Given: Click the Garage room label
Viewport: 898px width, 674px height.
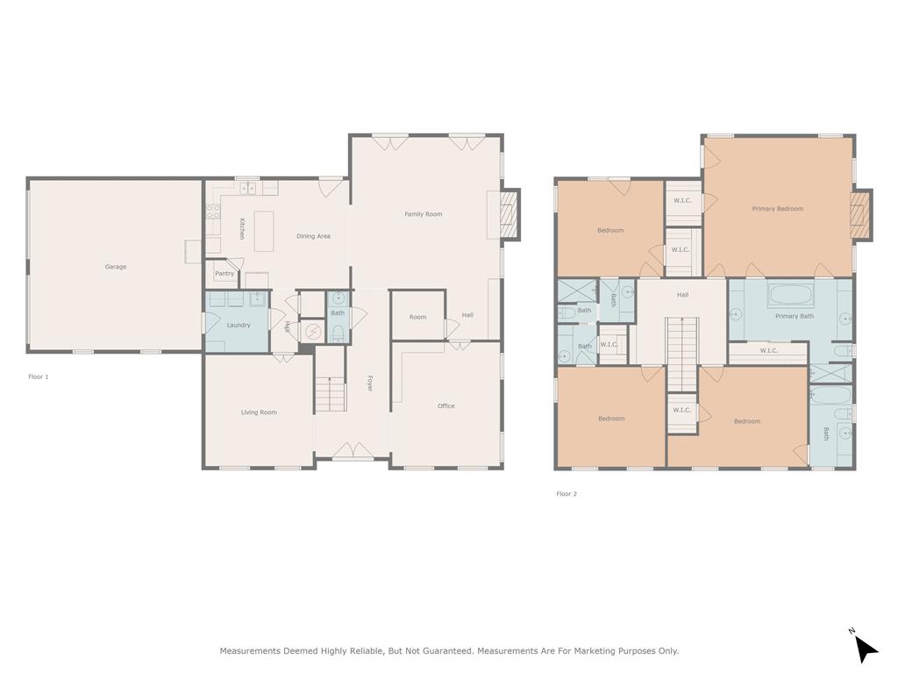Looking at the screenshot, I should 116,267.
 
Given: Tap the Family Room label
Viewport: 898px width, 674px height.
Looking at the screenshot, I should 423,214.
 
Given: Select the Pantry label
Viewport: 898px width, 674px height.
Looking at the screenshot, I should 224,274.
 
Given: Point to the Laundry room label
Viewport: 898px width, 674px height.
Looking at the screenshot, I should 239,326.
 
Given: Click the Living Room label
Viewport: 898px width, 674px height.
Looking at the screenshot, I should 259,412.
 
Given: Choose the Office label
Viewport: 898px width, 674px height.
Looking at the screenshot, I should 446,406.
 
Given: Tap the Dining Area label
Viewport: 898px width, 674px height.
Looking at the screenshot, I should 313,236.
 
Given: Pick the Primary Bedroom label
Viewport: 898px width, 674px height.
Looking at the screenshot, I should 777,209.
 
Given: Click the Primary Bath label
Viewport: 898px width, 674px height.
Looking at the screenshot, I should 794,316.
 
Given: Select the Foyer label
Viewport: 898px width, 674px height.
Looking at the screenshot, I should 370,383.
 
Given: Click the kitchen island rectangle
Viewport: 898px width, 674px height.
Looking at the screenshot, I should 264,231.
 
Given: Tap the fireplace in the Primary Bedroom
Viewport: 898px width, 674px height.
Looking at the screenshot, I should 861,215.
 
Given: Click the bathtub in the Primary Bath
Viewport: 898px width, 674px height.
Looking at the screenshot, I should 795,296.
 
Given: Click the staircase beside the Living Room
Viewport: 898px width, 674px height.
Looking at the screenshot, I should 331,394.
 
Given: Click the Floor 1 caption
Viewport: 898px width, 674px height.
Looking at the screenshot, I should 39,376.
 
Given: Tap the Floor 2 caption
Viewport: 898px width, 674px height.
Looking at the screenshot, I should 567,494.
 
